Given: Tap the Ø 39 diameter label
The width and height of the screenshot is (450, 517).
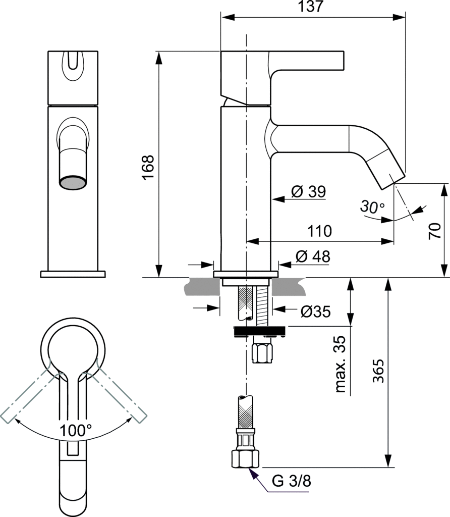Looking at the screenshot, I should tap(309, 192).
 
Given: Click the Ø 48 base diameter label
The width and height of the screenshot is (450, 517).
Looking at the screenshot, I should tap(313, 256).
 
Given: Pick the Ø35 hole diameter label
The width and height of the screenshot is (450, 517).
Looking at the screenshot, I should tap(315, 312).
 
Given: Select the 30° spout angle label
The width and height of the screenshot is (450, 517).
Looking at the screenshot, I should tap(372, 206).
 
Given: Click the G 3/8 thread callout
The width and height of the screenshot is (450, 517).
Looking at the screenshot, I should tap(292, 481).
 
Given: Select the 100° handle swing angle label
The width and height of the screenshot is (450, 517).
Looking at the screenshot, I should tap(76, 430).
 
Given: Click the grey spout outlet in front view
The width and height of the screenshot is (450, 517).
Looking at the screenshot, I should tap(73, 182).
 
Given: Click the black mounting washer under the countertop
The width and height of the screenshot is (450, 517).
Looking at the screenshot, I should tap(259, 331).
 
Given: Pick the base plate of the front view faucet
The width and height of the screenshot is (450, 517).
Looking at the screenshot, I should tap(73, 274).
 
